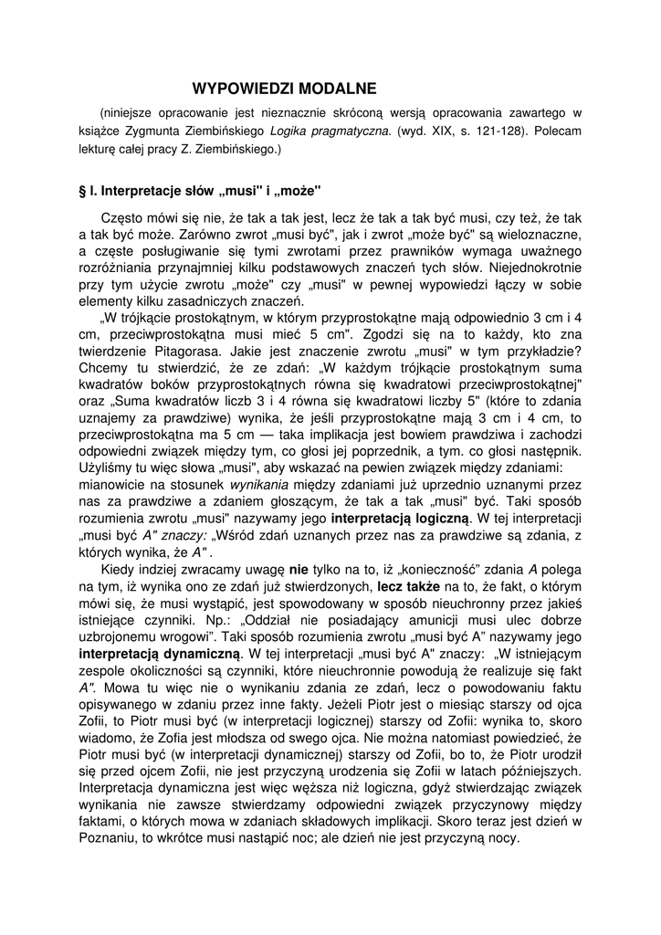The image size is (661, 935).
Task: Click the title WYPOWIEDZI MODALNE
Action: coord(284,89)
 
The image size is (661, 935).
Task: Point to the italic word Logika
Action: coord(291,131)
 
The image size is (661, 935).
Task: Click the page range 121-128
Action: coord(503,131)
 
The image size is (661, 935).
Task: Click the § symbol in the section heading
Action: coord(85,194)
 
